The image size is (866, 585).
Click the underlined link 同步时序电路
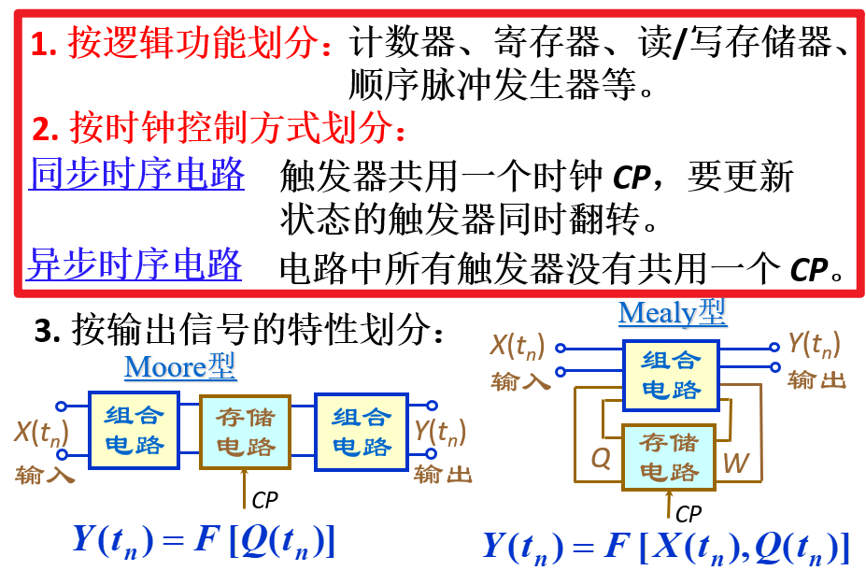136,174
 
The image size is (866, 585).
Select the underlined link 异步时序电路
135,265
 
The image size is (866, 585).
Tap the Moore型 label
180,366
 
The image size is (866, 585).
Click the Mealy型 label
672,312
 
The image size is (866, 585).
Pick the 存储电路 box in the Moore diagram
246,431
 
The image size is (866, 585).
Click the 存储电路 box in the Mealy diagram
669,455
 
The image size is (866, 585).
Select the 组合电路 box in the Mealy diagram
670,373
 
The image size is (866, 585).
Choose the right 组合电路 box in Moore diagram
362,430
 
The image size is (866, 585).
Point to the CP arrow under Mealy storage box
669,503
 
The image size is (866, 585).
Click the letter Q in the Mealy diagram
602,459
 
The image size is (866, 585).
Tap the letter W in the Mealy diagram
736,462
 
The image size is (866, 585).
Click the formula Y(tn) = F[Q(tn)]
203,540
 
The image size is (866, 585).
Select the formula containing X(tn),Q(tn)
665,546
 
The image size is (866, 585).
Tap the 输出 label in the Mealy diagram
816,379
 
